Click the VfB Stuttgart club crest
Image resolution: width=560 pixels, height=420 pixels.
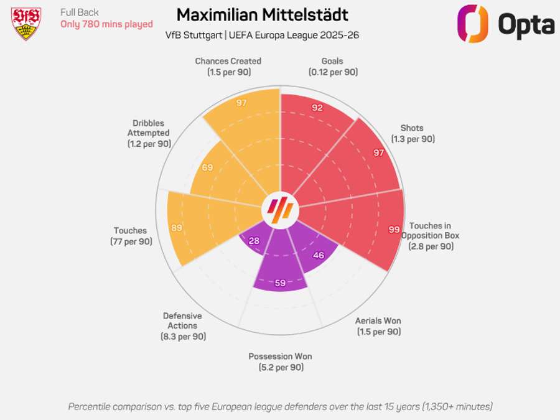26,24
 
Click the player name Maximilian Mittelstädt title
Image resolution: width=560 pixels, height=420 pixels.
262,15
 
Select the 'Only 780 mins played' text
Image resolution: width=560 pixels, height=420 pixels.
106,24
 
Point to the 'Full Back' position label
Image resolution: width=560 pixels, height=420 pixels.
80,12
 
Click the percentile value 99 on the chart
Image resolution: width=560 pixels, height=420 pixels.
394,230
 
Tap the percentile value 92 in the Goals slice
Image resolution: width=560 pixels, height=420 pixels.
317,108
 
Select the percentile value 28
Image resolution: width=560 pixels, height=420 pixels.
253,241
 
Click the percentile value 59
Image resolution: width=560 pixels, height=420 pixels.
280,283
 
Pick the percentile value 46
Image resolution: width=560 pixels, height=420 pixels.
318,255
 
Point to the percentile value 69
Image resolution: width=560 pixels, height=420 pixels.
207,167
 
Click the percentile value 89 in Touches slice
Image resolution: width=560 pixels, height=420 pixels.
177,228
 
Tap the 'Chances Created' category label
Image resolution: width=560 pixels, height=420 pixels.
228,61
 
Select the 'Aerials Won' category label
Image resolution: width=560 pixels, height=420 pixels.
378,321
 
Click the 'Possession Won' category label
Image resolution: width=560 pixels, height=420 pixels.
280,357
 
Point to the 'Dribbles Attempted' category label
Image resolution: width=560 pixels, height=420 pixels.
148,128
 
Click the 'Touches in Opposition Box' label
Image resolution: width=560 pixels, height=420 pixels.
430,231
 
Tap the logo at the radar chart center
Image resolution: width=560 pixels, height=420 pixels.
280,210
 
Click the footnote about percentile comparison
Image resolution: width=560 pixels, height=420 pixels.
280,406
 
